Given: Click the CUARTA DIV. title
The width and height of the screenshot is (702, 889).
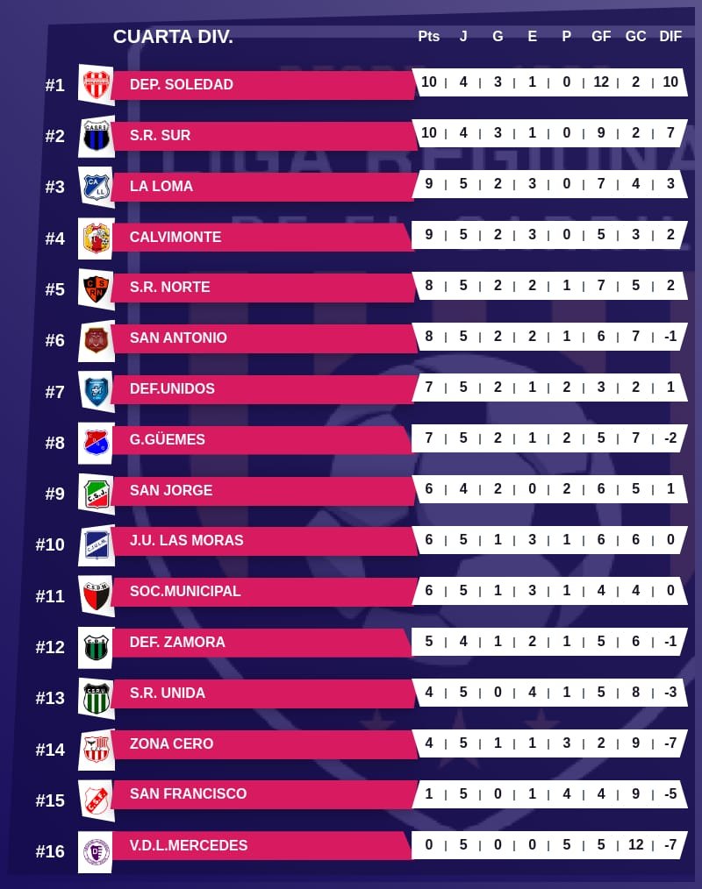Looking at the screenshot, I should click(173, 37).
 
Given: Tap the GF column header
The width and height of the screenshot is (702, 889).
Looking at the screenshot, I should click(601, 37).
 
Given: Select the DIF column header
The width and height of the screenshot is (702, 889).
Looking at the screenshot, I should click(670, 37).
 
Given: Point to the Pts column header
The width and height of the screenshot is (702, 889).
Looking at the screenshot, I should click(428, 37).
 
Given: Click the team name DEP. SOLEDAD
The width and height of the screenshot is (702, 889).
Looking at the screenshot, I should click(181, 85).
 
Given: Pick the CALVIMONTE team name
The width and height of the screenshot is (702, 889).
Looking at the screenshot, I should click(175, 237).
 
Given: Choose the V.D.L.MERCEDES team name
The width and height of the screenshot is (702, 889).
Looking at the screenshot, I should click(188, 845).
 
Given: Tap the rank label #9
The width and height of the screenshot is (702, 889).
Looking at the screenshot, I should click(55, 494).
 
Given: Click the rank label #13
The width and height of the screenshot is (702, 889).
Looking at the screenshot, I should click(50, 698).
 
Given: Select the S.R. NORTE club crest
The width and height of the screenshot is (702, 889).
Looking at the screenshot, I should click(96, 288).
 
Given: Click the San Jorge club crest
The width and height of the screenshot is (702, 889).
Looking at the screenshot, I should click(96, 491).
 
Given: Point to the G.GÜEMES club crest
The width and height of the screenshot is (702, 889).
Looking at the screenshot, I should click(96, 440).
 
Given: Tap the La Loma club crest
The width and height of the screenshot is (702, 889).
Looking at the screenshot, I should click(96, 186).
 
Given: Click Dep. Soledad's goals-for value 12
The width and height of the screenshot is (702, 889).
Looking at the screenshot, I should click(601, 82).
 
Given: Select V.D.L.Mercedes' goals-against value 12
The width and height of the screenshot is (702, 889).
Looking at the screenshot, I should click(635, 844).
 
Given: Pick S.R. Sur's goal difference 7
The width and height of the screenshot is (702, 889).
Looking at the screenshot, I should click(670, 133).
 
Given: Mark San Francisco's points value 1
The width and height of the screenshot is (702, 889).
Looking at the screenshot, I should click(429, 793).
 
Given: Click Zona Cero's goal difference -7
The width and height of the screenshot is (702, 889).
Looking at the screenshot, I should click(670, 743).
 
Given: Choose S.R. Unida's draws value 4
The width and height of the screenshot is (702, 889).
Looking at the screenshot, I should click(533, 693).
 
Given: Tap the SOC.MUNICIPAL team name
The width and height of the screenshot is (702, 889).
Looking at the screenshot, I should click(184, 591).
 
